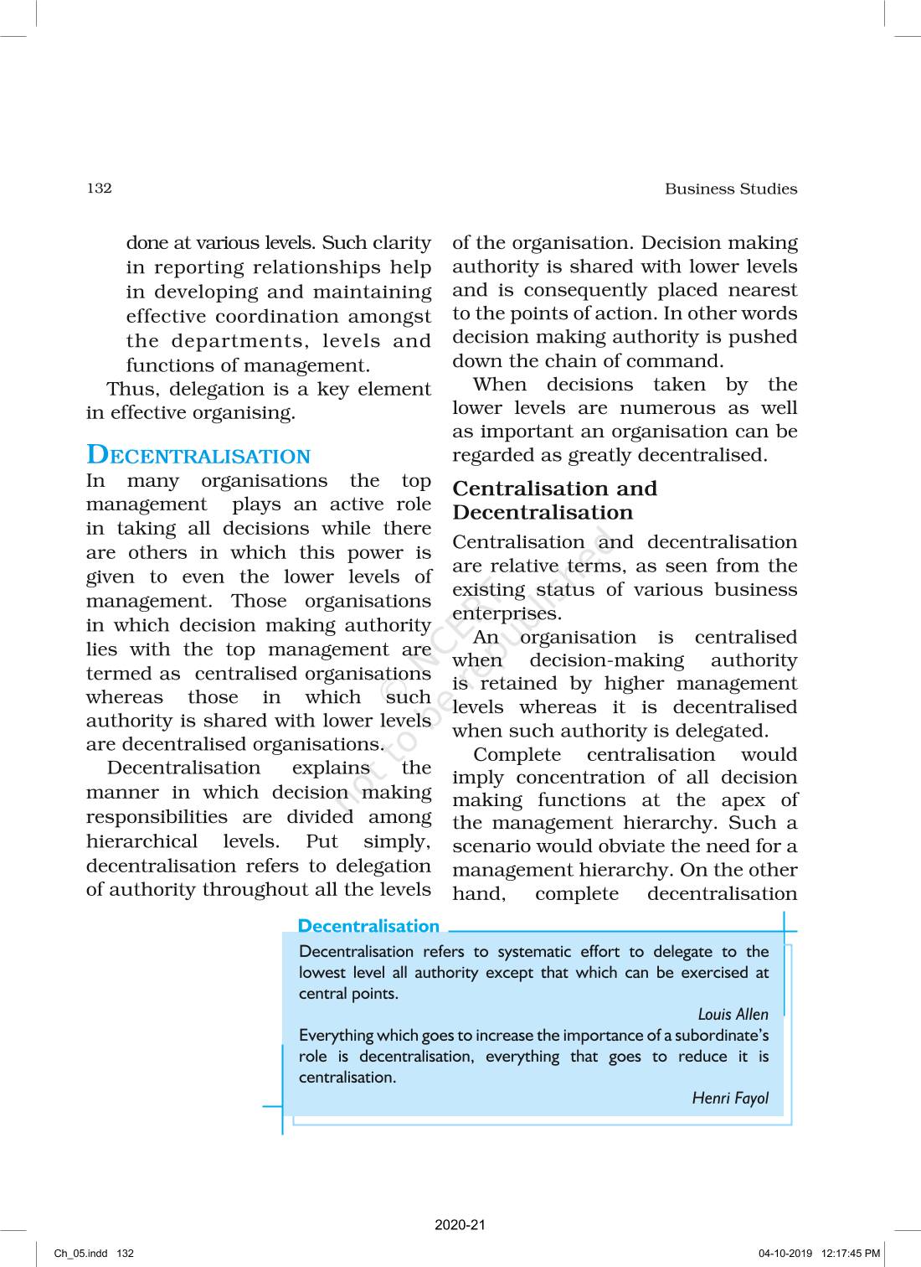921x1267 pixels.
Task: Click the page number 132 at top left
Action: coord(99,188)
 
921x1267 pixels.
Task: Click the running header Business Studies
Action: coord(730,189)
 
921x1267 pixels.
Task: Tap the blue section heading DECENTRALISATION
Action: coord(198,455)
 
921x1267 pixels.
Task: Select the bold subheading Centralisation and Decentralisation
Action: coord(554,500)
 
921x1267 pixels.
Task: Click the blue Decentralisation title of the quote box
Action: coord(368,926)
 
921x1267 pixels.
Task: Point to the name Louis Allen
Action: coord(733,1014)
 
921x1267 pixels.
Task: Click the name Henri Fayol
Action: coord(729,1098)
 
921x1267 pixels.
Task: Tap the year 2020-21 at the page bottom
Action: coord(460,1224)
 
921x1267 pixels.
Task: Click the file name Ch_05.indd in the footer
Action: coord(80,1254)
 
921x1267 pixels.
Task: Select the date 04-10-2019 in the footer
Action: coord(785,1254)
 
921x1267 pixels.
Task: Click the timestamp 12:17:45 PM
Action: coord(851,1254)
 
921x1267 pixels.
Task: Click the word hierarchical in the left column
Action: coord(141,841)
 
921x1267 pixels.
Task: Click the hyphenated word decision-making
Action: coord(606,660)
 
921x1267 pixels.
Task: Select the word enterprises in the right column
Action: coord(506,613)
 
